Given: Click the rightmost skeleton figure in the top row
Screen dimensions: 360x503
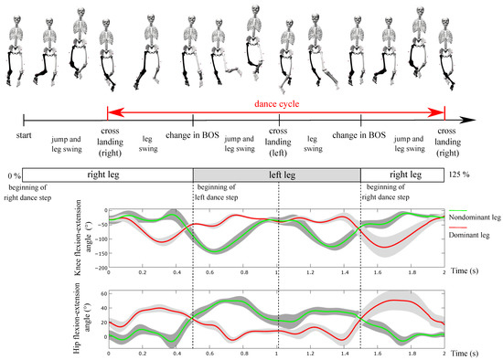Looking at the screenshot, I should [445, 38].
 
